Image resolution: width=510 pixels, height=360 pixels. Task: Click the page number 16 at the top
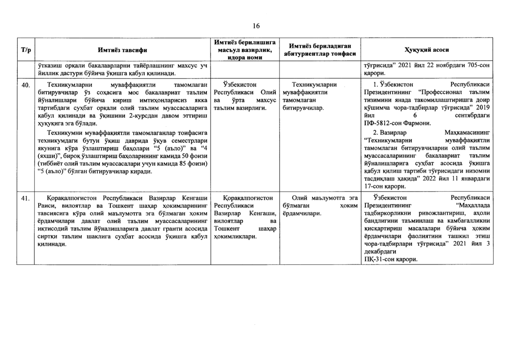255,25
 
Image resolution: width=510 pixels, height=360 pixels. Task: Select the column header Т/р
26,50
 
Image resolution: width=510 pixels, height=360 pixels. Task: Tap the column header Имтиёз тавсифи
121,50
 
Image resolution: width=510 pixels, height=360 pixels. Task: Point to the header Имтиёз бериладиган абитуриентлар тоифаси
319,50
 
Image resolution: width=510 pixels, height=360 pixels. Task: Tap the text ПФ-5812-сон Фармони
398,123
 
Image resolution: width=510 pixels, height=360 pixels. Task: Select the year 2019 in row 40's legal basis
484,108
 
